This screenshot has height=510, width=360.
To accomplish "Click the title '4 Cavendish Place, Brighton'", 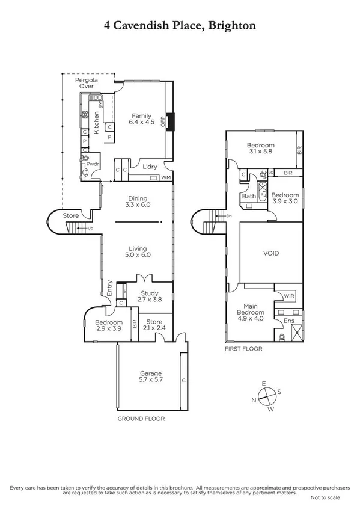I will click(180, 25).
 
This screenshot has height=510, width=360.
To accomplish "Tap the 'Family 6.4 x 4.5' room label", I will click(142, 119).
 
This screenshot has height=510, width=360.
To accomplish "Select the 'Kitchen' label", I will click(95, 123).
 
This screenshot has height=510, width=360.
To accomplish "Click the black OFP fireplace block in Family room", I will click(171, 122).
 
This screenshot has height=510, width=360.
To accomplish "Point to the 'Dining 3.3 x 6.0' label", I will click(138, 202).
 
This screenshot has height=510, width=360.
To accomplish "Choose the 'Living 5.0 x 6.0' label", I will click(138, 251).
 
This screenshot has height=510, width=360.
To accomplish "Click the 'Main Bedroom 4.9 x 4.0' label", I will click(251, 309).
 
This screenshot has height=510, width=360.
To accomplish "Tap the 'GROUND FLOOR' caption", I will click(141, 419).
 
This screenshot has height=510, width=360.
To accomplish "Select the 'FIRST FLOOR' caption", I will click(243, 348).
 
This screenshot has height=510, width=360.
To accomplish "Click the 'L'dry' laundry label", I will click(150, 167).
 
